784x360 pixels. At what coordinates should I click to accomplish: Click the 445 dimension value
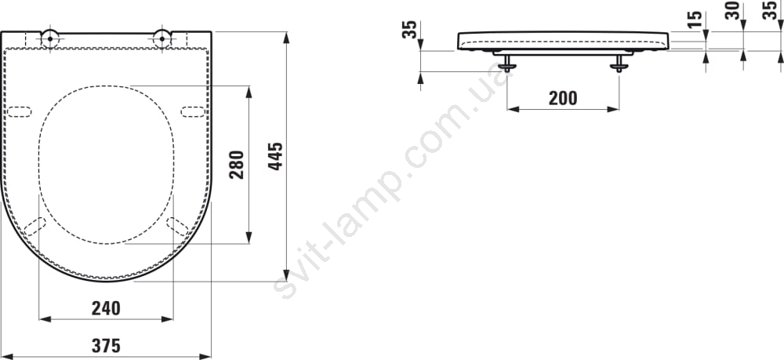275,157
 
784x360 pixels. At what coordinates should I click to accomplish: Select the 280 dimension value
237,165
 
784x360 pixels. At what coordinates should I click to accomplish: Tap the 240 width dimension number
106,308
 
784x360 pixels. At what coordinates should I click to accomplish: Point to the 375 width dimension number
106,346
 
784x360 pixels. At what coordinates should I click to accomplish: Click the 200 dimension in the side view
563,98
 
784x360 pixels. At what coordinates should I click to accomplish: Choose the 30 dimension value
732,10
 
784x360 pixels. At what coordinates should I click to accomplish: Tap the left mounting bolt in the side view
507,63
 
